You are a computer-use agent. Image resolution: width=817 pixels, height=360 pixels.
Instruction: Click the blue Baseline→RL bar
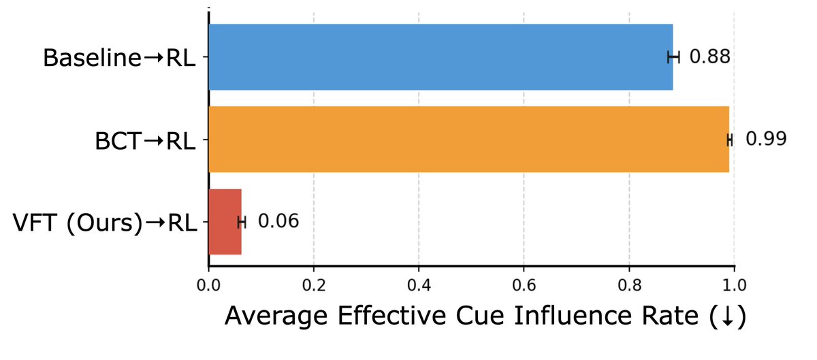coord(440,57)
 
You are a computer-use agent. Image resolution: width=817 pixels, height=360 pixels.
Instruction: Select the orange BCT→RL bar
coord(468,140)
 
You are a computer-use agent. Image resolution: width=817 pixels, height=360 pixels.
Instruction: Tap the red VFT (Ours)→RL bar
coord(225,222)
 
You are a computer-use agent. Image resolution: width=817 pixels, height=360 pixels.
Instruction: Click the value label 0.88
coord(709,57)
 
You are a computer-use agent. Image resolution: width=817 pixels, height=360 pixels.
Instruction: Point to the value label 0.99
coord(766,140)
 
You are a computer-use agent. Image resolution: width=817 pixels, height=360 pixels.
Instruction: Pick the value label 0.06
coord(278,222)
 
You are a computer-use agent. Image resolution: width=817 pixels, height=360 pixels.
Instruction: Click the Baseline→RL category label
coord(119,59)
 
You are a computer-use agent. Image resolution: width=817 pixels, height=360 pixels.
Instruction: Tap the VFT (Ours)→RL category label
coord(105,223)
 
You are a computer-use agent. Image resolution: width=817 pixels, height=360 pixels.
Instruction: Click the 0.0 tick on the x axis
coord(208,283)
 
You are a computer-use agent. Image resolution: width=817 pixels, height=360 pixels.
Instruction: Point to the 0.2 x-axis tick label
coord(313,283)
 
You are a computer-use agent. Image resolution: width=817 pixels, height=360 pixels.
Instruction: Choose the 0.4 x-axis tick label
coord(419,283)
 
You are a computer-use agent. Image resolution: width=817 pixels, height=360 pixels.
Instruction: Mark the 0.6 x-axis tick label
coord(524,283)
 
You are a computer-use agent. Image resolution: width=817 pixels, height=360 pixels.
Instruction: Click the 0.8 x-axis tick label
coord(629,283)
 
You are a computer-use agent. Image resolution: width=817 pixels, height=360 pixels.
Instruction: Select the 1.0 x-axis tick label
coord(734,283)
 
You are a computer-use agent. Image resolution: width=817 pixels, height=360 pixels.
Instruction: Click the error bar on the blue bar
coord(673,57)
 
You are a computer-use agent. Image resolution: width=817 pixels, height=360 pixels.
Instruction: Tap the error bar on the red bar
coord(242,222)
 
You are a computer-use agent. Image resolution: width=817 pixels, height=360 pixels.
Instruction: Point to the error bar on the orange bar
coord(730,140)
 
